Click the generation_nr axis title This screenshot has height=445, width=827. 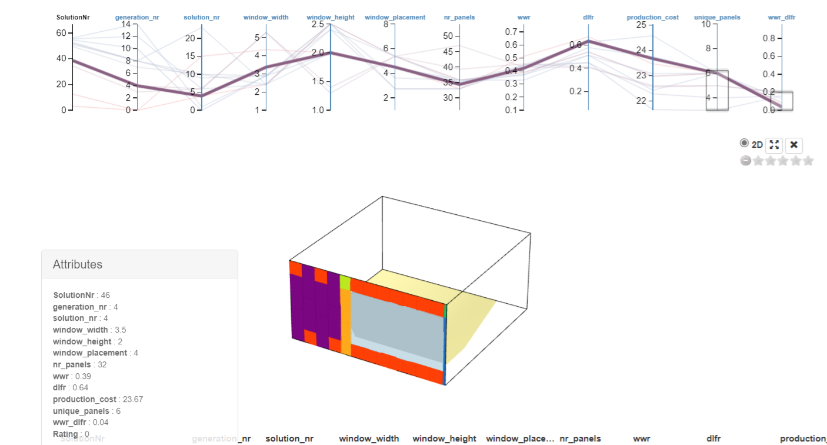click(x=137, y=18)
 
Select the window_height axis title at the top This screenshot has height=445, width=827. click(x=331, y=18)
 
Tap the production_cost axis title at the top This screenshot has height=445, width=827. click(x=652, y=18)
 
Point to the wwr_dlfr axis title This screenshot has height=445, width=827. click(x=782, y=18)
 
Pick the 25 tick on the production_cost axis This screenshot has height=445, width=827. click(x=641, y=25)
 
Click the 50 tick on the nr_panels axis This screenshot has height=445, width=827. click(x=449, y=36)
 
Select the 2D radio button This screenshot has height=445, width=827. click(x=745, y=144)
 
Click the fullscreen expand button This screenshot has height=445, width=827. click(x=774, y=145)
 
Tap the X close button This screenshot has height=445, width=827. click(x=793, y=145)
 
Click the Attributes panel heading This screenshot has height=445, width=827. click(x=78, y=264)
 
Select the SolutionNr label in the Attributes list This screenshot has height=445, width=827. click(x=74, y=295)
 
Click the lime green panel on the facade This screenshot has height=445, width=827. click(x=345, y=283)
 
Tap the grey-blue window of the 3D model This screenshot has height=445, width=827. click(x=400, y=330)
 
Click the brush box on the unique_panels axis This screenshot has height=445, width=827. click(x=717, y=90)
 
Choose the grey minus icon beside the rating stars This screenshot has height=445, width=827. click(x=746, y=161)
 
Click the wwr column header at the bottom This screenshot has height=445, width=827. click(x=642, y=439)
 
